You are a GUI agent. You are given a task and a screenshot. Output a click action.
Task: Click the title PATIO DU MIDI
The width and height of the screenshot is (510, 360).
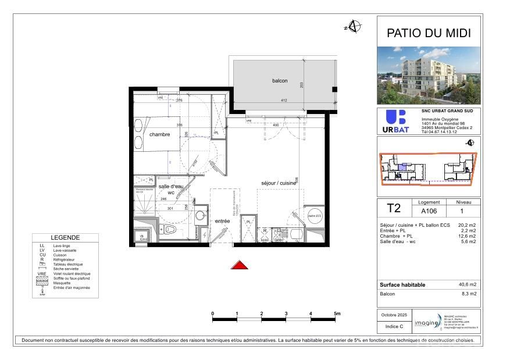point(429,34)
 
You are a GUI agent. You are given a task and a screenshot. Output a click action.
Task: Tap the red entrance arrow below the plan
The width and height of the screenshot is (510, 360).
point(240,265)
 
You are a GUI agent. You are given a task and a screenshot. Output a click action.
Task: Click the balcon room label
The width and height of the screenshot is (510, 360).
point(280,81)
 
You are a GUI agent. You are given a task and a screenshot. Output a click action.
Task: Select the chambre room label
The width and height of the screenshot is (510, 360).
point(159,134)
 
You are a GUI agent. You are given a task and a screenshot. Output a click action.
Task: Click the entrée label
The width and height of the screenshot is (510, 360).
point(223,221)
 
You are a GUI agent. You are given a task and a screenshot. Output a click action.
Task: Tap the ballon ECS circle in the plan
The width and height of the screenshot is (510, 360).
point(315,216)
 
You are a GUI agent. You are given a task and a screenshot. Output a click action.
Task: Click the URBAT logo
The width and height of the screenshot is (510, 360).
point(396,121)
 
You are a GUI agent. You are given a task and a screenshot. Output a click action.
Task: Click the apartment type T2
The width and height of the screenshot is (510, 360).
point(394,208)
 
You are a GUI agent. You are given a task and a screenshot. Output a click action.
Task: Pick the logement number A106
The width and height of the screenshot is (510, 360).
point(429,212)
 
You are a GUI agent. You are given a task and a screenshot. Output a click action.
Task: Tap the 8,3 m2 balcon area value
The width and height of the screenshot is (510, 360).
point(469,294)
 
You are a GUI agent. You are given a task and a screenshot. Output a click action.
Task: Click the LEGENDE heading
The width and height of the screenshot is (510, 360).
point(66,238)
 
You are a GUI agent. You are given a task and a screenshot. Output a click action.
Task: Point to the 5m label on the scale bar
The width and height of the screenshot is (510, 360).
point(337,313)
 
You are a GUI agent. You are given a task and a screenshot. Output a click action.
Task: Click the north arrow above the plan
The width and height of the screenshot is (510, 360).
point(354,26)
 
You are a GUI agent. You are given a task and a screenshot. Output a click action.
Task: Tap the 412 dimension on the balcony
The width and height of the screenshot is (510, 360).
point(284,101)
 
